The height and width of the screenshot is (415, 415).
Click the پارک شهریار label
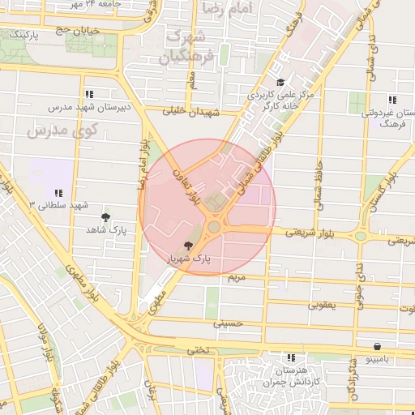pyautogui.click(x=189, y=259)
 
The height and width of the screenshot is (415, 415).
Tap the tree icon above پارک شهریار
pyautogui.click(x=189, y=246)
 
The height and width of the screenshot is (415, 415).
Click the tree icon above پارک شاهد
pyautogui.click(x=106, y=217)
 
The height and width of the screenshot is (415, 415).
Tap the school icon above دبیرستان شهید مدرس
pyautogui.click(x=88, y=94)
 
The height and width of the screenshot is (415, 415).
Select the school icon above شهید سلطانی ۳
pyautogui.click(x=58, y=193)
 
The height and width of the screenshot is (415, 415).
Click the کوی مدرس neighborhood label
pyautogui.click(x=62, y=130)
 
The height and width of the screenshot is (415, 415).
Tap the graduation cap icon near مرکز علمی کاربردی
pyautogui.click(x=280, y=83)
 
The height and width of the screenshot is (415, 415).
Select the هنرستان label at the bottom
pyautogui.click(x=289, y=369)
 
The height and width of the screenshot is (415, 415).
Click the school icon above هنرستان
pyautogui.click(x=289, y=357)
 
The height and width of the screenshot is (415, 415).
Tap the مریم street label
pyautogui.click(x=235, y=277)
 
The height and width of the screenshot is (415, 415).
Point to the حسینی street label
pyautogui.click(x=229, y=323)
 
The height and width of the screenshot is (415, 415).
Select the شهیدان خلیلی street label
pyautogui.click(x=192, y=113)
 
